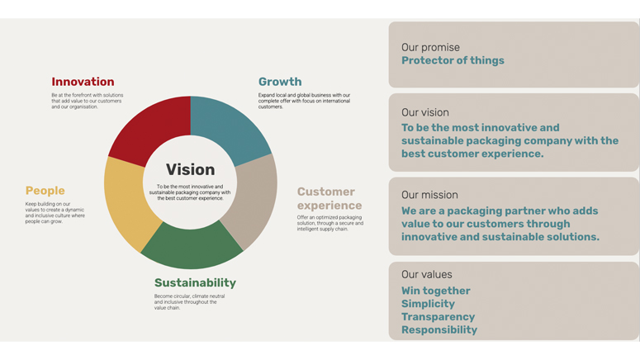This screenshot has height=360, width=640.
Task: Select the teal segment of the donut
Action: [x=226, y=127]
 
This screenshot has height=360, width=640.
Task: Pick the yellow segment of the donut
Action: [x=127, y=200]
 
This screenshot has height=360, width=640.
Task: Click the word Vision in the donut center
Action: [x=190, y=169]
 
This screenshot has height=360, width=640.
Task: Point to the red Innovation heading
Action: [x=83, y=82]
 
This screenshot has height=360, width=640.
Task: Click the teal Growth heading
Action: [x=280, y=82]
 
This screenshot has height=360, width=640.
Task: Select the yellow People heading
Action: [x=45, y=191]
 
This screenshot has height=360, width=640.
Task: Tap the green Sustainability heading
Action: [x=195, y=283]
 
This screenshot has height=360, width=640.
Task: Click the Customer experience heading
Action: [x=329, y=198]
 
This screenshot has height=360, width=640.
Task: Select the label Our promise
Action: [x=430, y=47]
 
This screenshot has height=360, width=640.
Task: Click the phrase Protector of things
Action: [x=453, y=60]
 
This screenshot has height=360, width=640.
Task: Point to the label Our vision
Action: [x=425, y=112]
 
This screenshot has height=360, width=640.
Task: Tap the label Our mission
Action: [x=429, y=195]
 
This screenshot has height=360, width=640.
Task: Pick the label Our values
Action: [x=427, y=274]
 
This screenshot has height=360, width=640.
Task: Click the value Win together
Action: [x=435, y=291]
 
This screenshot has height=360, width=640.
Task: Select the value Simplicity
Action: [x=428, y=304]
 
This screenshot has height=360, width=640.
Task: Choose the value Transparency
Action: [x=438, y=317]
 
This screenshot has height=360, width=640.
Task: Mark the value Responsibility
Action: [x=439, y=329]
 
